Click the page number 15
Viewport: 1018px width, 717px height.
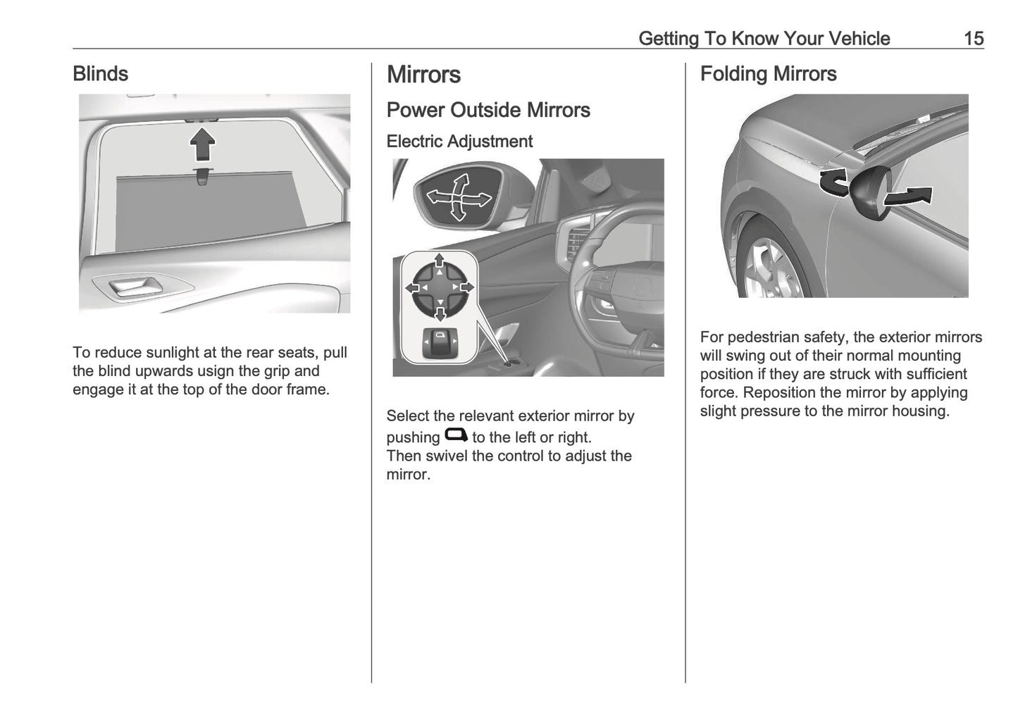click(973, 38)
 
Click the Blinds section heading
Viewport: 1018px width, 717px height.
click(100, 74)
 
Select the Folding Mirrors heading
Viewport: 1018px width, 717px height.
click(768, 74)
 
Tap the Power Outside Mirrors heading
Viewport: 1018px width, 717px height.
click(488, 110)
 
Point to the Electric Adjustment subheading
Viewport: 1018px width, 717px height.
click(459, 142)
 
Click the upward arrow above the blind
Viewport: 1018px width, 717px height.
click(202, 144)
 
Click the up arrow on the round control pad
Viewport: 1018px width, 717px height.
click(439, 261)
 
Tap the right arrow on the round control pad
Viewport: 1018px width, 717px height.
click(466, 287)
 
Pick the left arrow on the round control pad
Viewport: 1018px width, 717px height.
click(411, 287)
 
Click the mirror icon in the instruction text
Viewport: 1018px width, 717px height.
click(456, 435)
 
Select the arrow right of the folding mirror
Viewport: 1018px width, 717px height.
click(910, 197)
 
